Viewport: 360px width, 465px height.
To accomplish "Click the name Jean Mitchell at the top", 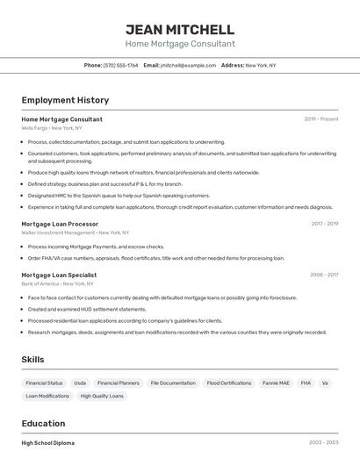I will [x=180, y=29].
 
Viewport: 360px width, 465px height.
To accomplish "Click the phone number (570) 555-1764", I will [x=120, y=66].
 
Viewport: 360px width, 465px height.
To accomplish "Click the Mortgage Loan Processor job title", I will [x=60, y=224].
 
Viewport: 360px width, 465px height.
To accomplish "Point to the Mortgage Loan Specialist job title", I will [x=59, y=275].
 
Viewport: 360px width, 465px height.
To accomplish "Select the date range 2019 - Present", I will [x=321, y=119].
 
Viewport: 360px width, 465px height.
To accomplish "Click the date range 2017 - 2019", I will [x=324, y=224].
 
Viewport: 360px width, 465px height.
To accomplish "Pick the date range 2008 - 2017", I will [x=324, y=275].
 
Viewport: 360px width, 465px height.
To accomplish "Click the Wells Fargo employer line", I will [x=52, y=128].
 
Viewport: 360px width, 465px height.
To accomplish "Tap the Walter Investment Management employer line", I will [x=75, y=232].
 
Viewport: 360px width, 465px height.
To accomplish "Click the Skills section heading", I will [x=32, y=360].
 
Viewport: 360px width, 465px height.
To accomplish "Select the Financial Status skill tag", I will [x=44, y=383].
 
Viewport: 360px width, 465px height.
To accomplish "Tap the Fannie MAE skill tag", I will [x=276, y=383].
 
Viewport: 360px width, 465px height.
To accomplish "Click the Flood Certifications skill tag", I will [x=229, y=383].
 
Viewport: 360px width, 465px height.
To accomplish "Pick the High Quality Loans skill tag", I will [x=102, y=397].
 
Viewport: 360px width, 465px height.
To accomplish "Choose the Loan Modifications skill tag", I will [x=47, y=397].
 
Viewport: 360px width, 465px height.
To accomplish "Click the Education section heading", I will [x=43, y=423].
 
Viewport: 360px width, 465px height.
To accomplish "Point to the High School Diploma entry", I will [x=48, y=443].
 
